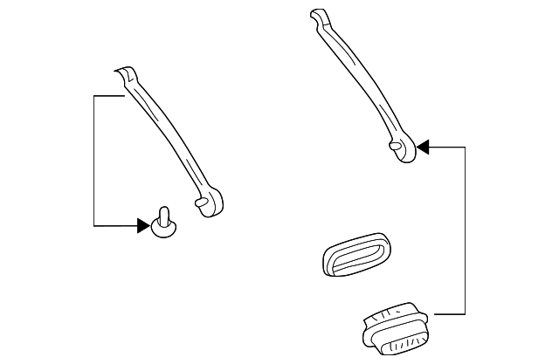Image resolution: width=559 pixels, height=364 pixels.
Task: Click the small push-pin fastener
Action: pos(163,224)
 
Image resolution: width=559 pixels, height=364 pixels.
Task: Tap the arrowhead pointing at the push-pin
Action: pos(143,226)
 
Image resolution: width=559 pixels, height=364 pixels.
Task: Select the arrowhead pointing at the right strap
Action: pos(423,147)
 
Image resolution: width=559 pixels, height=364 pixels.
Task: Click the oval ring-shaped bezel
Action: pos(355,256)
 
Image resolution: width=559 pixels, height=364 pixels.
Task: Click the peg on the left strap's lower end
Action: pos(202,203)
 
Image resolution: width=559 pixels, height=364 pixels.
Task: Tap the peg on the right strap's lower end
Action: pos(397,148)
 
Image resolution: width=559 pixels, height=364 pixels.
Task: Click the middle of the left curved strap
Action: pos(170,140)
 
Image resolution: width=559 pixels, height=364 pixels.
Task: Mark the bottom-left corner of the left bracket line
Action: pos(94,226)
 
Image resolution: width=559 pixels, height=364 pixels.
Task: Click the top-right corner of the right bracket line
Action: pos(465,147)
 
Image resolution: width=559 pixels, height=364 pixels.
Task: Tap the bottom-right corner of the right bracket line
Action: pos(465,312)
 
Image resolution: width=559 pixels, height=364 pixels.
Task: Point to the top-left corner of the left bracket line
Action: pos(94,94)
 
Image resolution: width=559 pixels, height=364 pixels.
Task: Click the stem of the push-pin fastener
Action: pos(163,215)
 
